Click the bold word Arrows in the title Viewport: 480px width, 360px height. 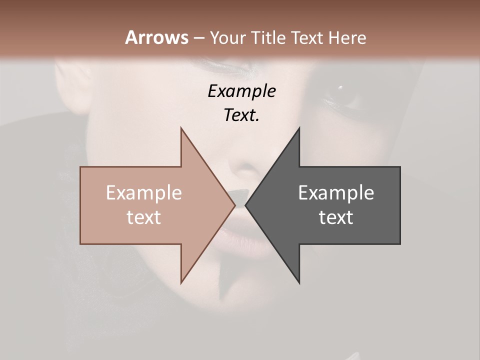coord(156,38)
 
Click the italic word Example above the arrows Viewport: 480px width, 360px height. coord(241,91)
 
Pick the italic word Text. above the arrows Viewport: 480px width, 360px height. coord(241,115)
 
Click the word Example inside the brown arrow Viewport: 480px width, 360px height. coord(143,193)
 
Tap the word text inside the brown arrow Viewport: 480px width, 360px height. coord(143,217)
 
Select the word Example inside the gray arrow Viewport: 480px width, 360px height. coord(336,193)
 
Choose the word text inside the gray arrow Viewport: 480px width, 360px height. coord(336,217)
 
